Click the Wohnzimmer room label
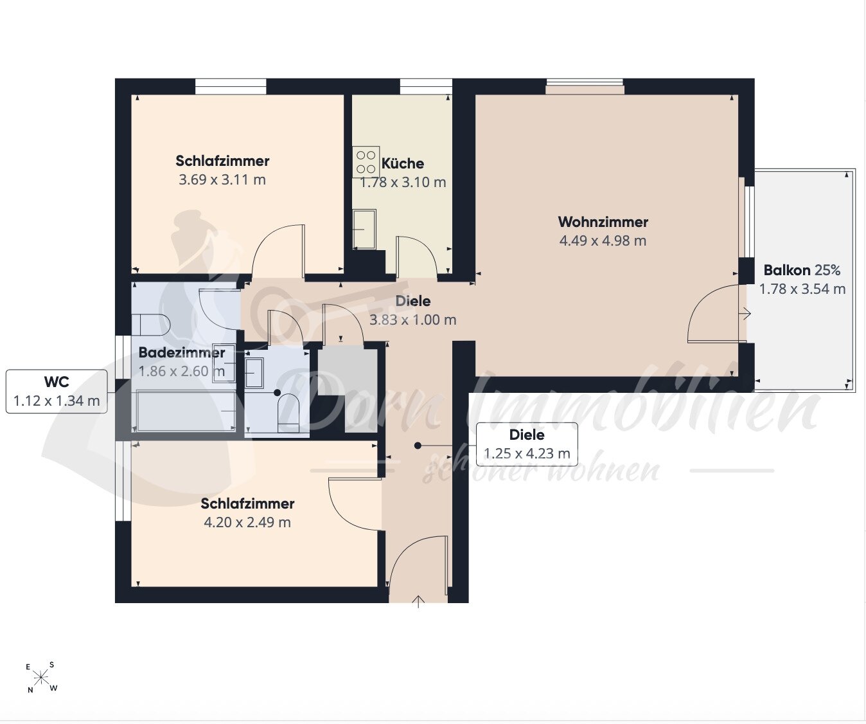click(x=603, y=222)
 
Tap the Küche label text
click(x=402, y=163)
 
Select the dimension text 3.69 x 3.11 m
click(x=222, y=180)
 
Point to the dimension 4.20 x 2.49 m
click(x=247, y=522)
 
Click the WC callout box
click(x=57, y=391)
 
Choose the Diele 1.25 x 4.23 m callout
click(x=527, y=444)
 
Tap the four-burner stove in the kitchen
click(x=366, y=162)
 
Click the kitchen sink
click(x=364, y=229)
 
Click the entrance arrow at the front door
click(x=418, y=602)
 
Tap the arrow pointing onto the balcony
click(x=746, y=313)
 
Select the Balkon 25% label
click(x=802, y=271)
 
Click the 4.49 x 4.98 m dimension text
click(x=603, y=240)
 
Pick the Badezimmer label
click(x=182, y=352)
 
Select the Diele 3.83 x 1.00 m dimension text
click(x=412, y=320)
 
